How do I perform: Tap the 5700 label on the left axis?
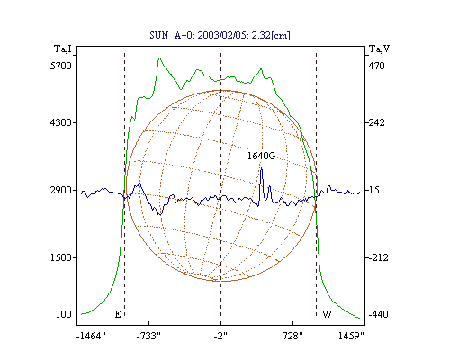pyautogui.click(x=61, y=66)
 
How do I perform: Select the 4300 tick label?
pyautogui.click(x=61, y=122)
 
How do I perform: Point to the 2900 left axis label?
pyautogui.click(x=61, y=190)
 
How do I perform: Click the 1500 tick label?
pyautogui.click(x=61, y=257)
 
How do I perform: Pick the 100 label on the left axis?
pyautogui.click(x=64, y=314)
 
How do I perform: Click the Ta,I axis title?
pyautogui.click(x=63, y=49)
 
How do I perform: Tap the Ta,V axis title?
pyautogui.click(x=380, y=49)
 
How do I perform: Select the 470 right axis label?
pyautogui.click(x=376, y=66)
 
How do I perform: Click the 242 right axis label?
pyautogui.click(x=376, y=122)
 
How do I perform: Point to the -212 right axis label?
pyautogui.click(x=378, y=257)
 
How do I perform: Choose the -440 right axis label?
pyautogui.click(x=378, y=314)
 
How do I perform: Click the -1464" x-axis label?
pyautogui.click(x=91, y=336)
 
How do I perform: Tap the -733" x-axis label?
pyautogui.click(x=148, y=336)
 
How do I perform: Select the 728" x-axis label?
pyautogui.click(x=292, y=336)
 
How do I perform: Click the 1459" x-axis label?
pyautogui.click(x=351, y=336)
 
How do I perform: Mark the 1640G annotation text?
pyautogui.click(x=261, y=156)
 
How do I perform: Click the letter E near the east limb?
pyautogui.click(x=118, y=314)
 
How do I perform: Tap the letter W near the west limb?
pyautogui.click(x=327, y=314)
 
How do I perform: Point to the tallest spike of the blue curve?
pyautogui.click(x=261, y=168)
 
